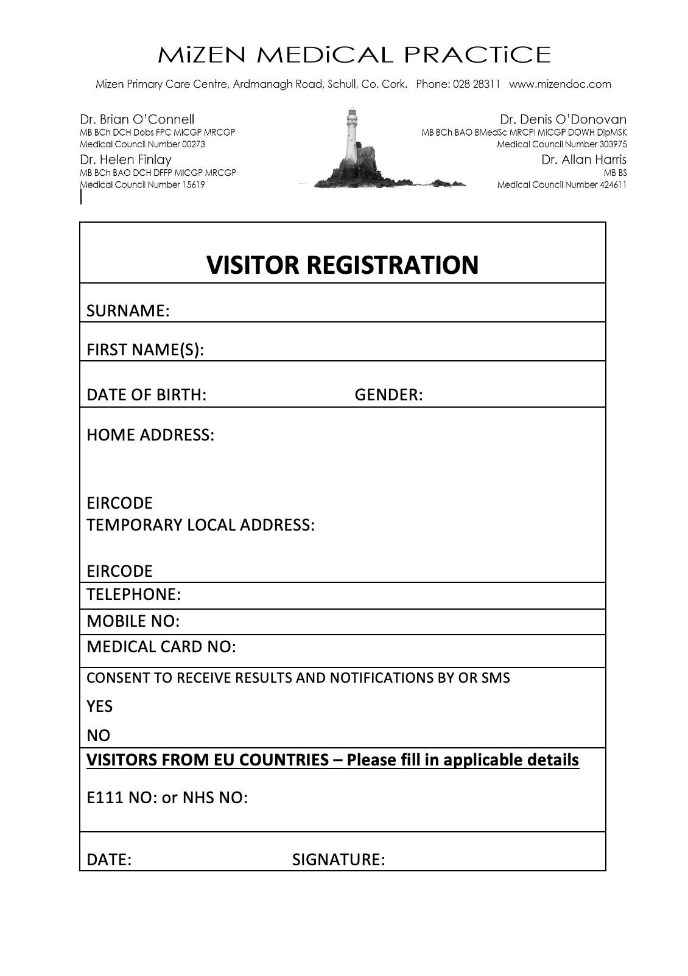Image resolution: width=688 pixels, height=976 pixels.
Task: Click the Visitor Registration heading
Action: [x=343, y=265]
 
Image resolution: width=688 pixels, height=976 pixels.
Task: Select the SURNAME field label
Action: [x=128, y=311]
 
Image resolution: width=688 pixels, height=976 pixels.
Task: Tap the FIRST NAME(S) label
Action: [x=145, y=350]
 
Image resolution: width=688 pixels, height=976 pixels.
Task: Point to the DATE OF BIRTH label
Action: [x=147, y=395]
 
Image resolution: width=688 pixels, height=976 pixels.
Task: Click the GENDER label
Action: [x=388, y=395]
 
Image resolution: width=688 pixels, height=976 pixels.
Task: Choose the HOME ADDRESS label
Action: [x=150, y=435]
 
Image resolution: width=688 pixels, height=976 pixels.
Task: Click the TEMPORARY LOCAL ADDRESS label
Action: [x=201, y=525]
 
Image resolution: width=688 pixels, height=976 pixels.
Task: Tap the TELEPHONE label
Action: [x=134, y=594]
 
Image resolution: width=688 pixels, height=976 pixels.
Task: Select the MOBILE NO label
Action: [x=133, y=621]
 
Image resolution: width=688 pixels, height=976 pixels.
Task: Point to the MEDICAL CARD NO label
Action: [x=161, y=647]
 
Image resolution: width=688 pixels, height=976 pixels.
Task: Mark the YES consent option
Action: [x=100, y=706]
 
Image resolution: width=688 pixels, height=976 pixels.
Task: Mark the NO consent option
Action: [x=99, y=736]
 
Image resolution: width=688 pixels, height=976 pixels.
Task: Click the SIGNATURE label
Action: [x=339, y=860]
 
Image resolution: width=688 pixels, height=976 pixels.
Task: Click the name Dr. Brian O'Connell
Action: [x=137, y=119]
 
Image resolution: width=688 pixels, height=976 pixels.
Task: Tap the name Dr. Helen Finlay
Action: [x=126, y=159]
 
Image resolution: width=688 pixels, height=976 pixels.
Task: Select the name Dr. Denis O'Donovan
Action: [x=563, y=119]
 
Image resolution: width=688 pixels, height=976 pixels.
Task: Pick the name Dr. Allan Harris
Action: [x=584, y=159]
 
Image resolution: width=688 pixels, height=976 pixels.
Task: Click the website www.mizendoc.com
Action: [x=560, y=85]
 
